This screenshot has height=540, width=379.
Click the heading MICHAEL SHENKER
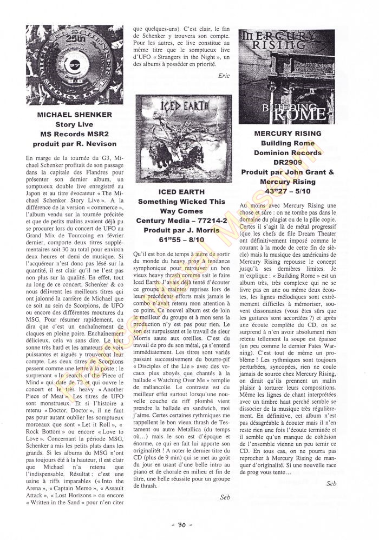click(x=75, y=115)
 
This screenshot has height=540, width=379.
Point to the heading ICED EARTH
click(x=181, y=192)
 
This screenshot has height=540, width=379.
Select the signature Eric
click(x=224, y=76)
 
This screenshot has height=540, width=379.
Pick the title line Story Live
click(x=75, y=125)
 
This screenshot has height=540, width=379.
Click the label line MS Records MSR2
click(x=75, y=135)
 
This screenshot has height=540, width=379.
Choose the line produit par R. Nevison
click(x=75, y=144)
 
